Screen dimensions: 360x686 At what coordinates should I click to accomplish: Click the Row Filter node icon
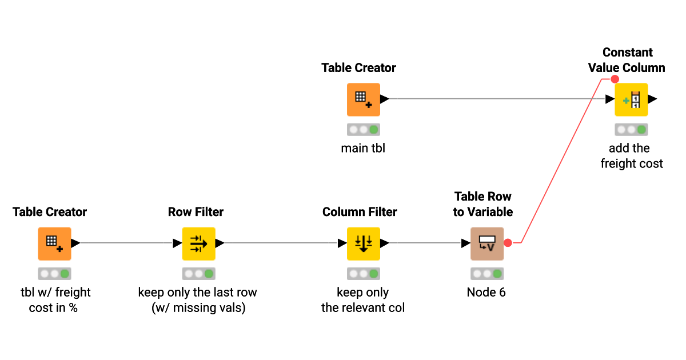tap(198, 243)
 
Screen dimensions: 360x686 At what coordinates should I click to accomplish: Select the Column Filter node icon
tap(363, 243)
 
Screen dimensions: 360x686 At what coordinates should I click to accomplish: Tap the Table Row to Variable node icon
tap(486, 243)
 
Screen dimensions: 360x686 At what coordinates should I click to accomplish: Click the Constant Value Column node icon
tap(631, 99)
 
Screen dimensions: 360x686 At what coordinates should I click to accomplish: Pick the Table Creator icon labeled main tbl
tap(363, 99)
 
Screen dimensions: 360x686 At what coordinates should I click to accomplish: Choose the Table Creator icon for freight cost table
tap(54, 243)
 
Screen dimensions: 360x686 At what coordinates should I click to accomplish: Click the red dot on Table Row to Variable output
tap(508, 243)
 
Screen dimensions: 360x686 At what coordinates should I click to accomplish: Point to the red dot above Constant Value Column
tap(615, 79)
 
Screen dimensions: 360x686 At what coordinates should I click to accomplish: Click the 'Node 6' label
tap(486, 293)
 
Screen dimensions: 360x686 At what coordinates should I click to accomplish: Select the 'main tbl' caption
tap(363, 149)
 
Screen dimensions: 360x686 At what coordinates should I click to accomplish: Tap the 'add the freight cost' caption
tap(631, 156)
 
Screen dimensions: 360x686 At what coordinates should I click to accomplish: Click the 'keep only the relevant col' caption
tap(363, 300)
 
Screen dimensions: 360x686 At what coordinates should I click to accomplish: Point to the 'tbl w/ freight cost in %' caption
tap(54, 300)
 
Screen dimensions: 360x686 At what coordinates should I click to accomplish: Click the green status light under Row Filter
tap(209, 274)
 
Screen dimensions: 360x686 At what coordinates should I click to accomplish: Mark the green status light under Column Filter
tap(373, 274)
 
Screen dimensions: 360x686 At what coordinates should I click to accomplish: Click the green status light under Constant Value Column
tap(641, 130)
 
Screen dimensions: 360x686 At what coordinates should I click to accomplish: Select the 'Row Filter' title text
tap(196, 212)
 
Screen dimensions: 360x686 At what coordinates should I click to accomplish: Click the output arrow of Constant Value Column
tap(652, 99)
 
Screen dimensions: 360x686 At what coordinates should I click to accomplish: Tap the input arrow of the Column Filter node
tap(342, 243)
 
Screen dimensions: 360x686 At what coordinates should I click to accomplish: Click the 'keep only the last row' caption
tap(197, 293)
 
